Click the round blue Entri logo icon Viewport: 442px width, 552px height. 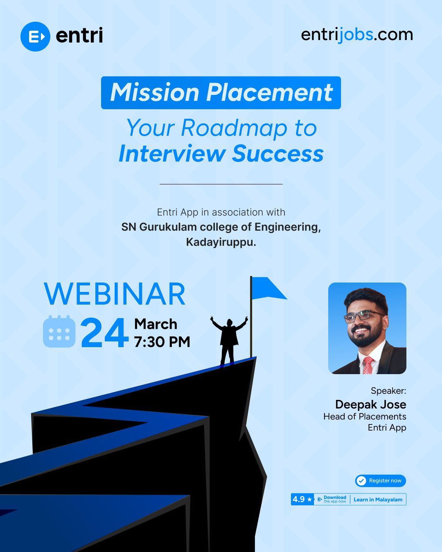pos(35,36)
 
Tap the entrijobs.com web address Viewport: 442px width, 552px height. pos(356,34)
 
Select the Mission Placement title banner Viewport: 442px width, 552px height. pos(221,92)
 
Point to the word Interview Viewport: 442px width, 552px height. pos(172,154)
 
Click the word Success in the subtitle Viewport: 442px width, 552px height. pos(278,154)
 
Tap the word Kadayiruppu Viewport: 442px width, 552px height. pos(221,242)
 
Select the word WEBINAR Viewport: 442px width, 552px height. pos(115,294)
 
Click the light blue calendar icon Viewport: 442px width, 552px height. pos(59,331)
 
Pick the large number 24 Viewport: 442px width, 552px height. pos(105,334)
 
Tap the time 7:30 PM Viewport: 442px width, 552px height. pos(162,342)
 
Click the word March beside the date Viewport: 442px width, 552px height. pos(156,324)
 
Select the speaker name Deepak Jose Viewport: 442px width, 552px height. pos(370,404)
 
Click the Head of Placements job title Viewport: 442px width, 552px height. pos(365,416)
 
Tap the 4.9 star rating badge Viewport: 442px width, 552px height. pos(302,499)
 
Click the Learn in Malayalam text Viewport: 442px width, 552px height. pos(378,499)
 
